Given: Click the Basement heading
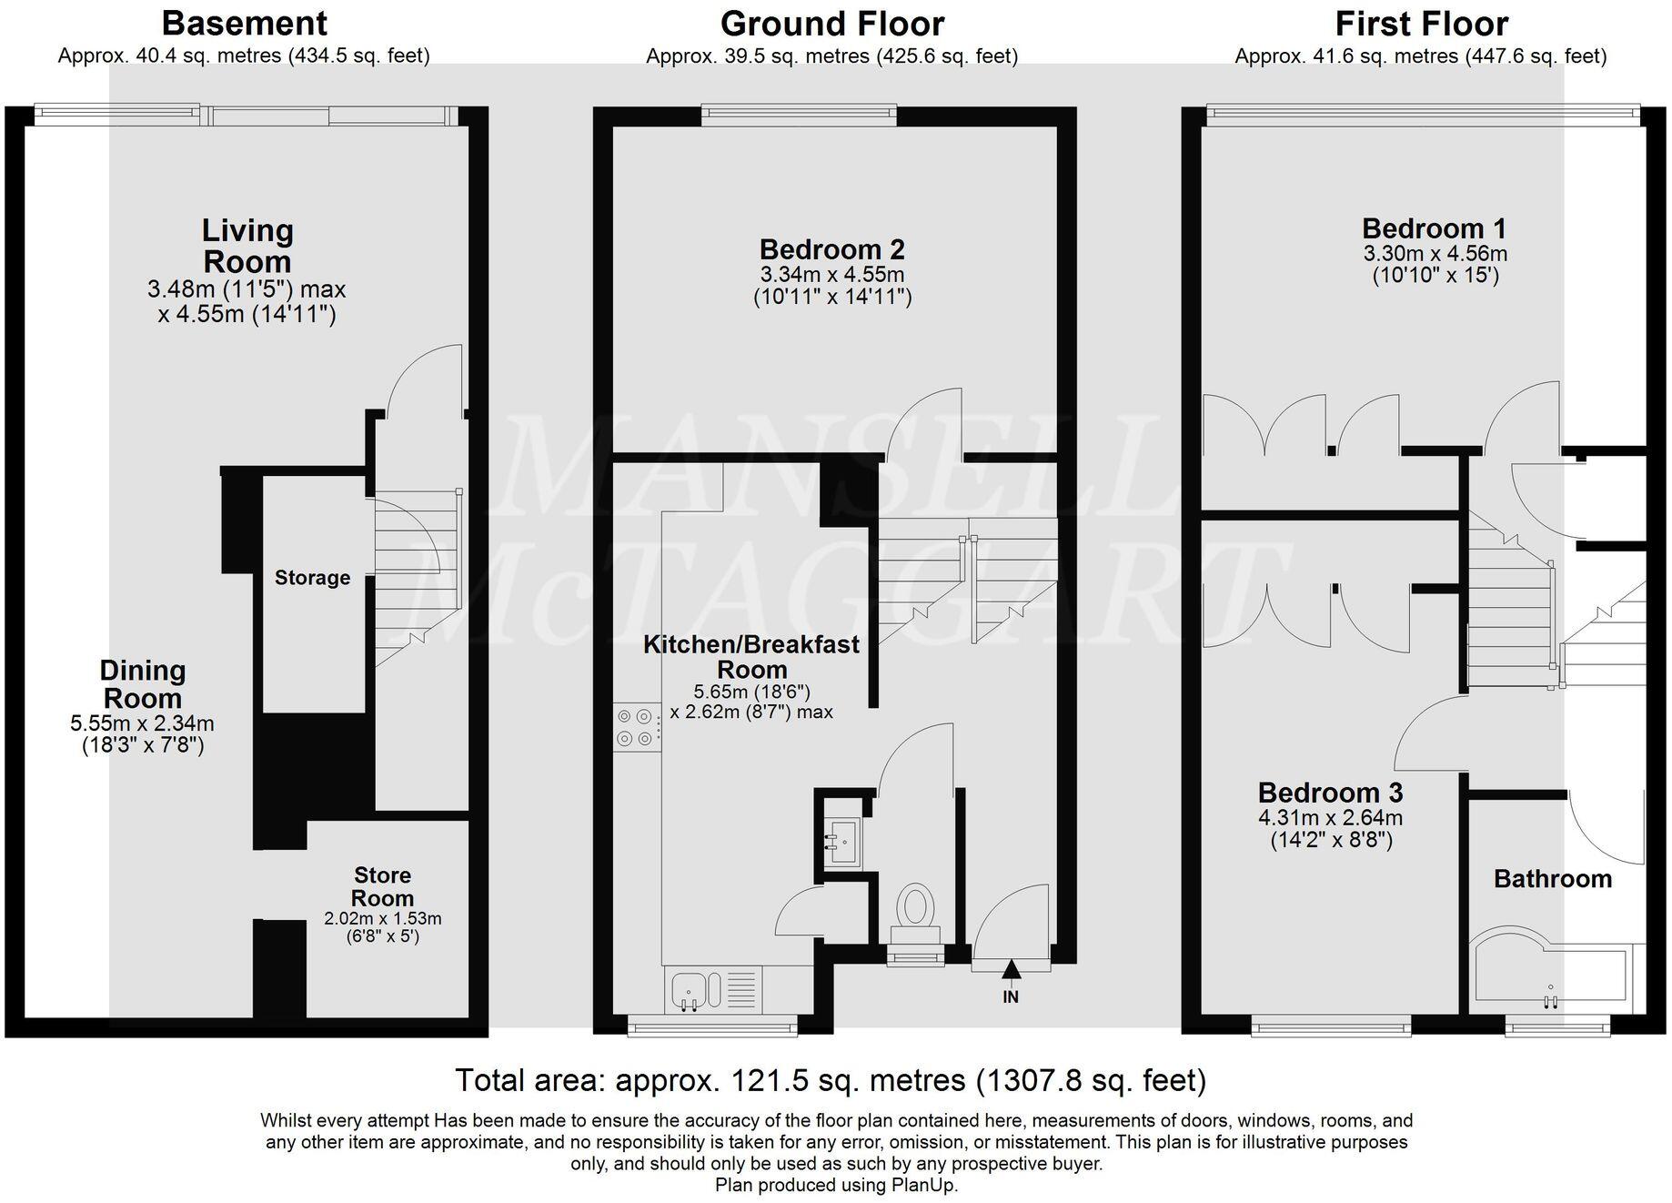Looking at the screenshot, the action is coord(245,22).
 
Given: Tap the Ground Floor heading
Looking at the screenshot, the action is coord(832,23).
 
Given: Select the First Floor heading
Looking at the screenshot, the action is coord(1421,23).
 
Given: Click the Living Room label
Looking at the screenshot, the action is coord(247,246).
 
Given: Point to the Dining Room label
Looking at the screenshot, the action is coord(143,684).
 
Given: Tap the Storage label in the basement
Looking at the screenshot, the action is coord(312,577).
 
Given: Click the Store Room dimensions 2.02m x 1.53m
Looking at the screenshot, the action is coord(383,918).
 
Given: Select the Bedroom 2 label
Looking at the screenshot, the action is coord(831,248).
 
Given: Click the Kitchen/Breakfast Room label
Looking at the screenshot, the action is coord(751,656).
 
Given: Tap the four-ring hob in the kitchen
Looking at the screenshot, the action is coord(637,727).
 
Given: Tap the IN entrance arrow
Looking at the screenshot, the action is coord(1011,973).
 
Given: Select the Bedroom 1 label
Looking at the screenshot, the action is coord(1435,227).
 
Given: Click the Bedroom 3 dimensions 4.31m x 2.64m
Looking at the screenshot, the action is coord(1330,817).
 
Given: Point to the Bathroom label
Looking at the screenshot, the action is coord(1553,878).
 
